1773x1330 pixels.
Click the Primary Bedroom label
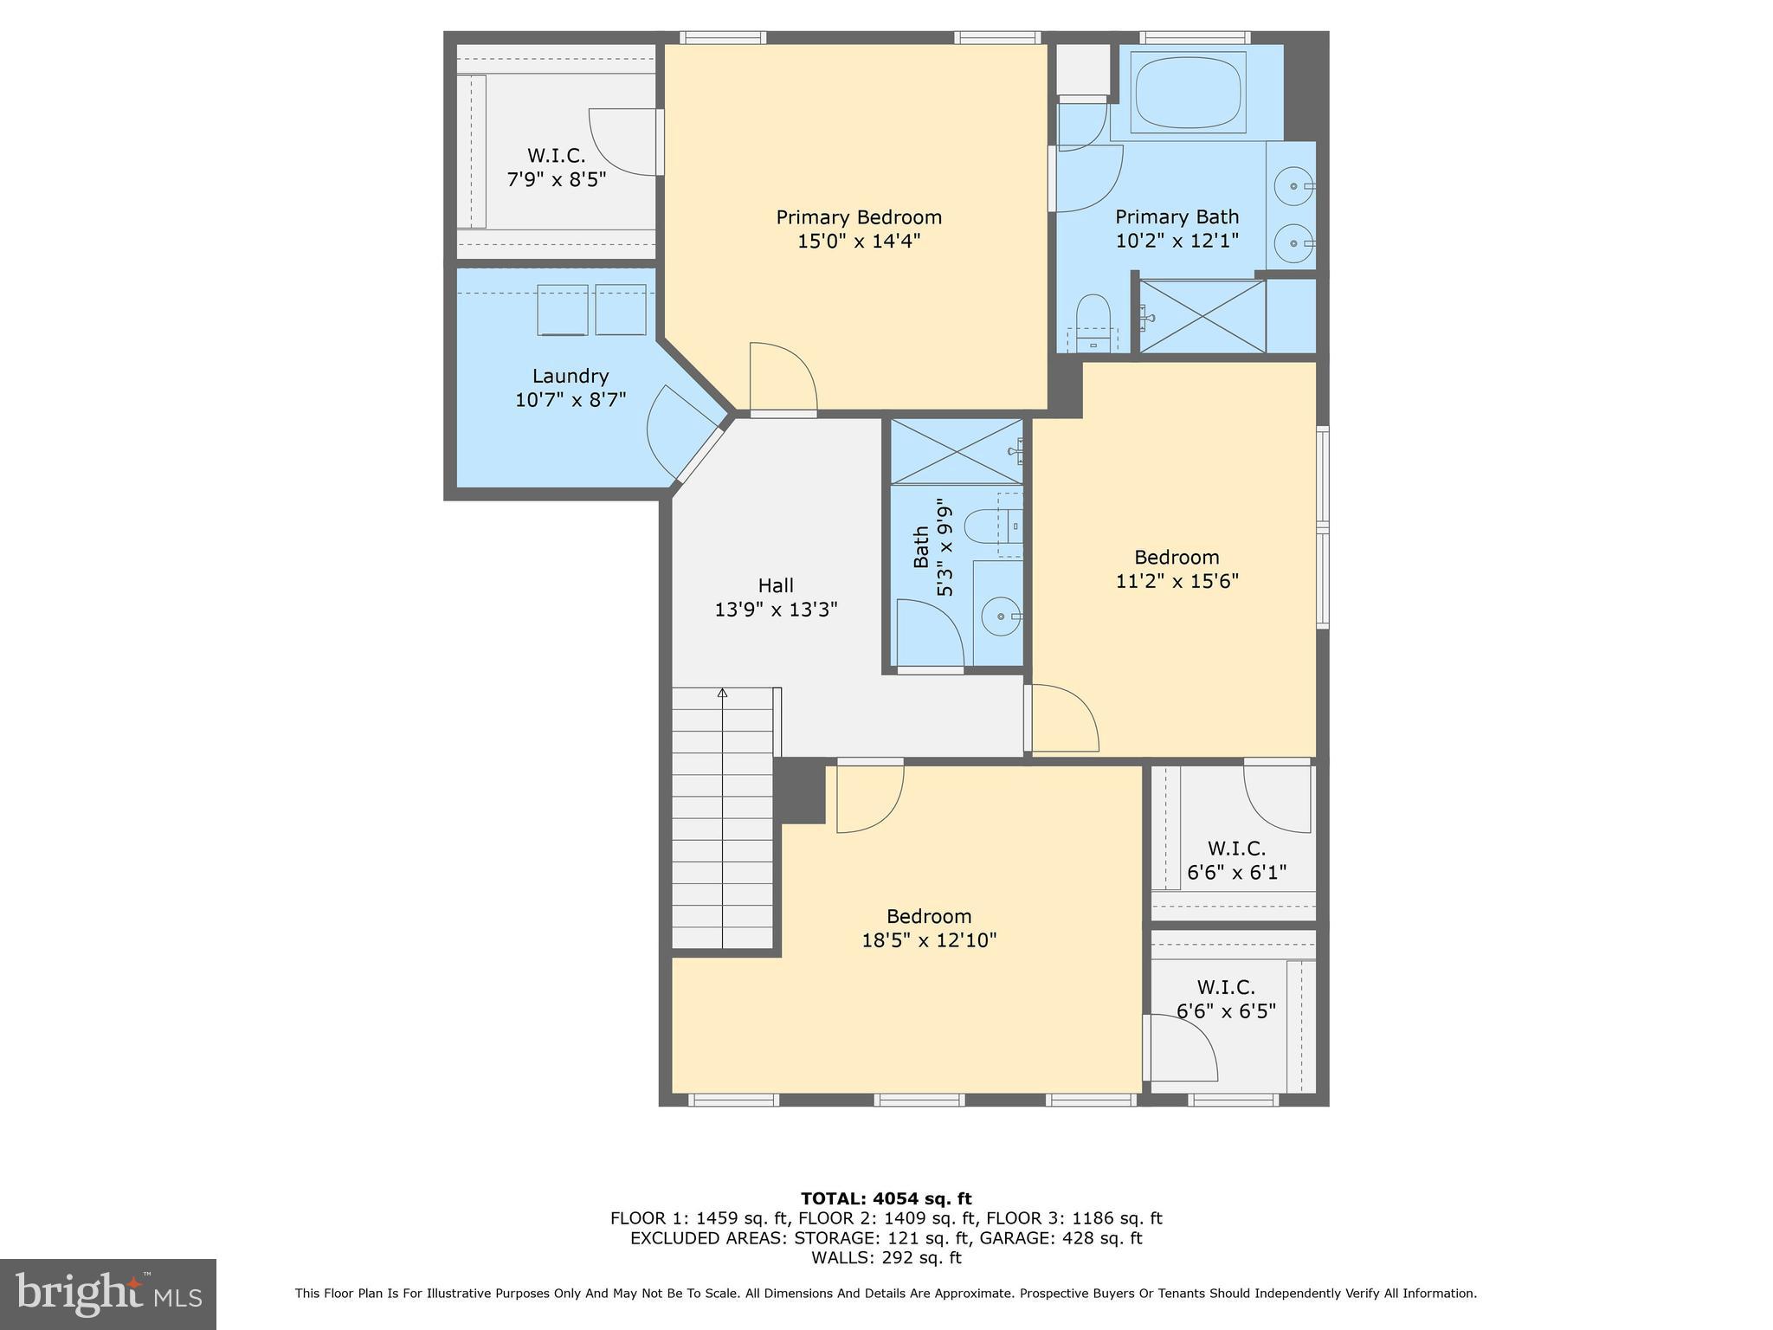tap(858, 217)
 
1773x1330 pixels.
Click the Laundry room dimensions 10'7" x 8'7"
tap(570, 400)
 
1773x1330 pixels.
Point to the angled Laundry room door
tap(680, 433)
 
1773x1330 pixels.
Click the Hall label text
tap(776, 586)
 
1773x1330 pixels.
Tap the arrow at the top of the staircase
tap(722, 693)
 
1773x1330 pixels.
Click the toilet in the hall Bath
tap(987, 524)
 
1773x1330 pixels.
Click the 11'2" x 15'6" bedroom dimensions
tap(1177, 581)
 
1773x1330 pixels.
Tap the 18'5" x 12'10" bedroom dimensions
tap(929, 940)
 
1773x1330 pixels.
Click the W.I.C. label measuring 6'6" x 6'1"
tap(1236, 849)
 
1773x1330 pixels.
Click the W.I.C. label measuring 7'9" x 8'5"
tap(556, 156)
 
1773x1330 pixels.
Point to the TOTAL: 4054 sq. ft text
tap(886, 1198)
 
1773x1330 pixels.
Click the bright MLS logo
tap(107, 1294)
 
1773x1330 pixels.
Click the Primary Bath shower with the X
tap(1202, 316)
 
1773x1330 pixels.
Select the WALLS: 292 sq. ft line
tap(886, 1258)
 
